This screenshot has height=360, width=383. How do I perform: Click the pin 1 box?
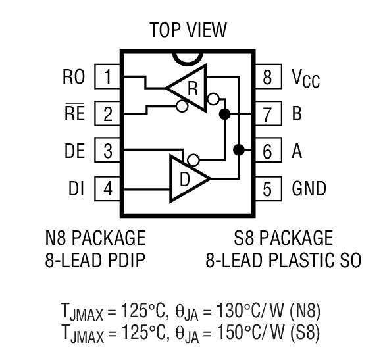[108, 78]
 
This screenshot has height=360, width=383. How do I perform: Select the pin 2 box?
[108, 114]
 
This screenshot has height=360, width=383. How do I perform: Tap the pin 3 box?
[108, 151]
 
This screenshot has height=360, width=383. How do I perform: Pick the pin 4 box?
[108, 189]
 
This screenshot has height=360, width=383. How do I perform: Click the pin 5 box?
[267, 189]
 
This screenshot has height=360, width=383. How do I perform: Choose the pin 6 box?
[267, 151]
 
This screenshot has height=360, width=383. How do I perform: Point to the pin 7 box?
[267, 114]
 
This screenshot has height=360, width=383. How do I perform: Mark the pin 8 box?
[267, 78]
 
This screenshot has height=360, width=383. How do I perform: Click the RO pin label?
[74, 78]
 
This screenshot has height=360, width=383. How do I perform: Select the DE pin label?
[74, 151]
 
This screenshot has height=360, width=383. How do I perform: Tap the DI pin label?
[76, 189]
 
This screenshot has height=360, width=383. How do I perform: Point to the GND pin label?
[309, 189]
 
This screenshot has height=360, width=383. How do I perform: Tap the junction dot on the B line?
[224, 115]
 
